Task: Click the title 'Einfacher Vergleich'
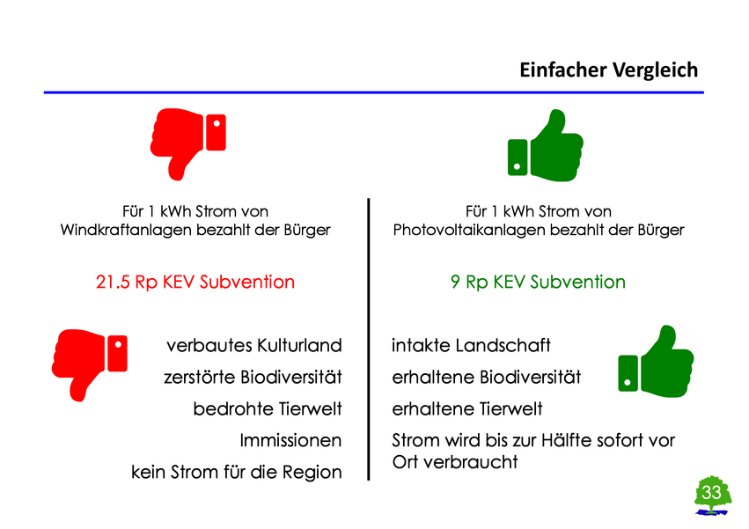(x=608, y=70)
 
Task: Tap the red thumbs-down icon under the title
(x=187, y=141)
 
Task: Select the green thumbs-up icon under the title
(x=546, y=144)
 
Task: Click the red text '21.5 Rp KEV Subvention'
(x=195, y=283)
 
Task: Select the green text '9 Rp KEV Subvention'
(x=538, y=283)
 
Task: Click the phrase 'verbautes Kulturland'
(x=253, y=345)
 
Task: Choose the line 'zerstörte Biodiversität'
(x=252, y=378)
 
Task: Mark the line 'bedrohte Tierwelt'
(x=267, y=409)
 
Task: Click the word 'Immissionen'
(x=290, y=440)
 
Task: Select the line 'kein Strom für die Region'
(x=236, y=472)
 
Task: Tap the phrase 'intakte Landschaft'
(x=471, y=345)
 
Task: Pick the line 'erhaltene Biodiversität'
(x=486, y=378)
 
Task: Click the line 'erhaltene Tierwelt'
(x=466, y=409)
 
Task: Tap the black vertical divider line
(x=368, y=339)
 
